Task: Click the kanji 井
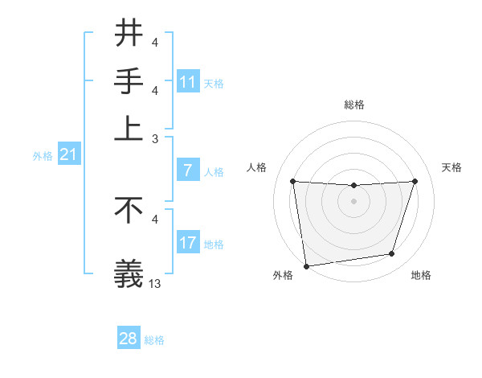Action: tap(129, 34)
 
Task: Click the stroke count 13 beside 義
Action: tap(155, 284)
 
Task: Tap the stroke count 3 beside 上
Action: tap(155, 139)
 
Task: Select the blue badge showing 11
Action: tap(188, 83)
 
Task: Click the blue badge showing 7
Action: tap(188, 171)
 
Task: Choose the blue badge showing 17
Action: tap(188, 243)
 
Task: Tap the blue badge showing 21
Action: tap(68, 155)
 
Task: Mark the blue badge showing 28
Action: tap(129, 339)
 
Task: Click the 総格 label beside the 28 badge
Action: tap(154, 340)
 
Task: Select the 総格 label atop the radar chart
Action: tap(354, 105)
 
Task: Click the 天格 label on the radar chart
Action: tap(451, 167)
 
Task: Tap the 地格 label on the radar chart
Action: tap(421, 275)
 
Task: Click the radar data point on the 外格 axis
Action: tap(305, 265)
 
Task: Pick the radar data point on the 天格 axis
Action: tap(415, 181)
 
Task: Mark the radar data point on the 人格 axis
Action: tap(292, 181)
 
